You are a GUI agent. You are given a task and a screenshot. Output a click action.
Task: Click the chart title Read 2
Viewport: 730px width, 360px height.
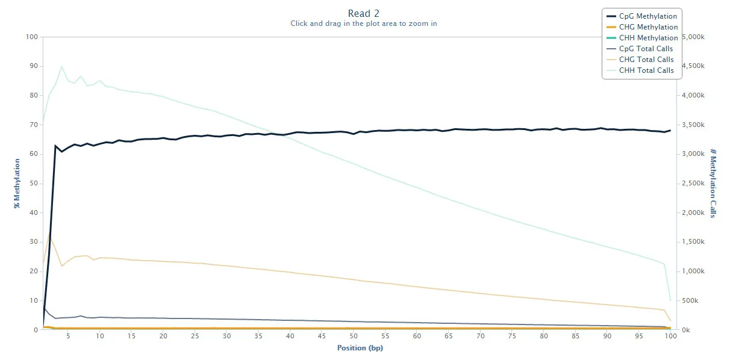(x=363, y=13)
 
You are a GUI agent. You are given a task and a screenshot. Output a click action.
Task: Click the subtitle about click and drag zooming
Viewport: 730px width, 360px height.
(x=364, y=23)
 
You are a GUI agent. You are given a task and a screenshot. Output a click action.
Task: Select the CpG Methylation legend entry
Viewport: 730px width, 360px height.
(x=641, y=16)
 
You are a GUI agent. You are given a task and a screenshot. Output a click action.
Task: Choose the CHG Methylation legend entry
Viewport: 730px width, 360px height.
(x=642, y=26)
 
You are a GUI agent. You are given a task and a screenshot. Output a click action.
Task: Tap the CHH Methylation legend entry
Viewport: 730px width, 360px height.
(x=642, y=38)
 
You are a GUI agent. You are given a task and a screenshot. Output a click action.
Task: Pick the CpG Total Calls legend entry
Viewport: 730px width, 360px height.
(x=640, y=49)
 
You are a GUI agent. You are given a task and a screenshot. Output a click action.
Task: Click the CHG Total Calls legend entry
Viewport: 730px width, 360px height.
(x=640, y=59)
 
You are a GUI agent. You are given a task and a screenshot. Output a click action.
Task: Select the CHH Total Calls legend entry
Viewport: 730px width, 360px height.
(x=640, y=70)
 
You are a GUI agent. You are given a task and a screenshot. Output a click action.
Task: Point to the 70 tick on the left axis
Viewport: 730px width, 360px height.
(x=34, y=125)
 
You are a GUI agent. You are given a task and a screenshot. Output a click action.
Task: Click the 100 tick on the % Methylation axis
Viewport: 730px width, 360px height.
(x=32, y=37)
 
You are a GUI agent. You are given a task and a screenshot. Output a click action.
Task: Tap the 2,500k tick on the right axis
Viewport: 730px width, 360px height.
(x=693, y=184)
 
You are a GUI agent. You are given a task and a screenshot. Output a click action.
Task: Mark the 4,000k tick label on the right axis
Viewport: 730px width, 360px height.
(x=693, y=96)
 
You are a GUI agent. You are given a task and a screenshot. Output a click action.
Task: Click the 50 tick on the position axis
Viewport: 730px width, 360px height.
(x=354, y=336)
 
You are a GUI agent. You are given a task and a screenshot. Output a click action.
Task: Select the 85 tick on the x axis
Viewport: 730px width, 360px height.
(x=576, y=336)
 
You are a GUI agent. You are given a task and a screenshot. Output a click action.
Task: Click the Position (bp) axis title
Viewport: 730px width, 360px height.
(x=360, y=348)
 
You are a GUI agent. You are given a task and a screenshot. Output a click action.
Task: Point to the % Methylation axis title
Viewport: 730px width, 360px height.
(x=17, y=184)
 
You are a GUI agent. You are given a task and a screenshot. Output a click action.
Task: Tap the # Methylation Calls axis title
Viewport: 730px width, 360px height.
(x=713, y=184)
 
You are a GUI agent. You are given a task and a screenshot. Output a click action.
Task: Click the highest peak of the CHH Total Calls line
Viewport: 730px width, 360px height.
(x=61, y=66)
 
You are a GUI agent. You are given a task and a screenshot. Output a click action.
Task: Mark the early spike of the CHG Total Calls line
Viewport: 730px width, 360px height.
(x=49, y=233)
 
